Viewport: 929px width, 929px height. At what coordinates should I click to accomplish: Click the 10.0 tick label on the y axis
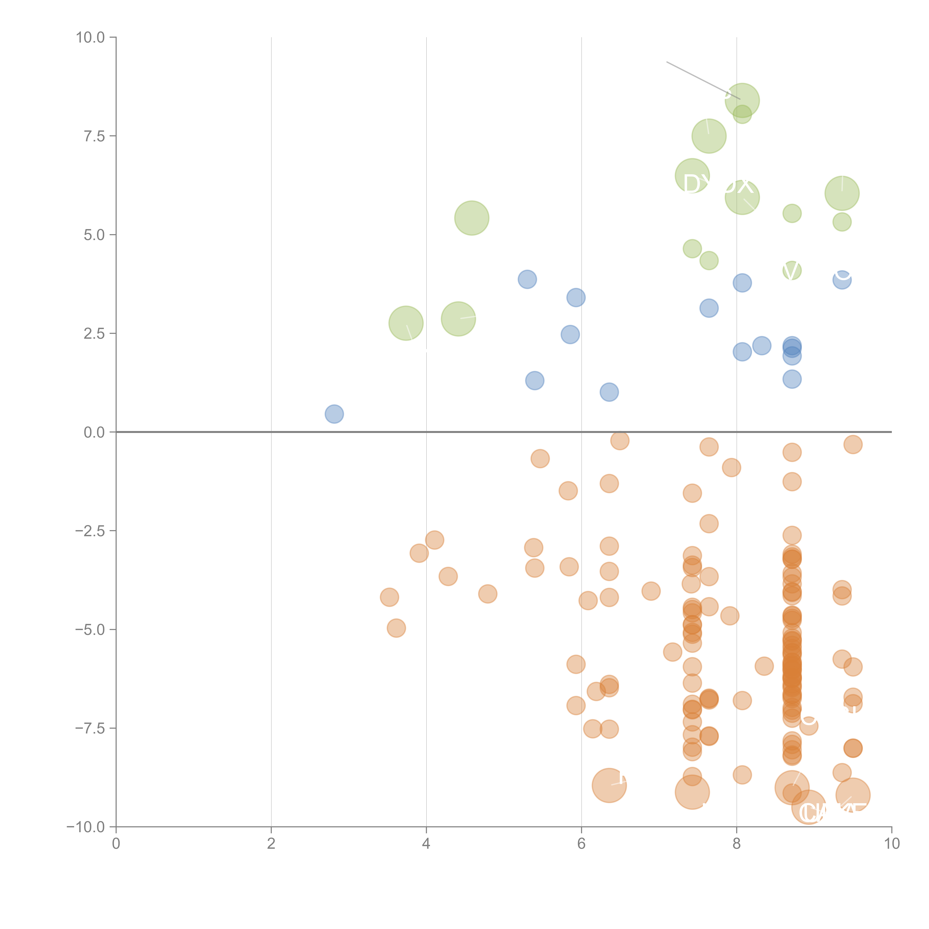coord(90,38)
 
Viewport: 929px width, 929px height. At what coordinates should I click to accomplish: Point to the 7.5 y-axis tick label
coord(94,136)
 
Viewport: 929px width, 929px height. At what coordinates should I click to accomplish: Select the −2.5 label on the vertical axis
coord(90,531)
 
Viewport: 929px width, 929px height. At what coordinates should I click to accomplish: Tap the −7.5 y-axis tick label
coord(90,728)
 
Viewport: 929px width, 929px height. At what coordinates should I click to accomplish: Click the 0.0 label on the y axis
coord(94,432)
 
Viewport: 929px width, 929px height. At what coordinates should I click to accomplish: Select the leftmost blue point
coord(334,414)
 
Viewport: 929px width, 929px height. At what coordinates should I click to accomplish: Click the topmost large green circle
coord(742,100)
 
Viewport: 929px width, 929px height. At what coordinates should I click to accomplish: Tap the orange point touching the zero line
coord(620,440)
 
